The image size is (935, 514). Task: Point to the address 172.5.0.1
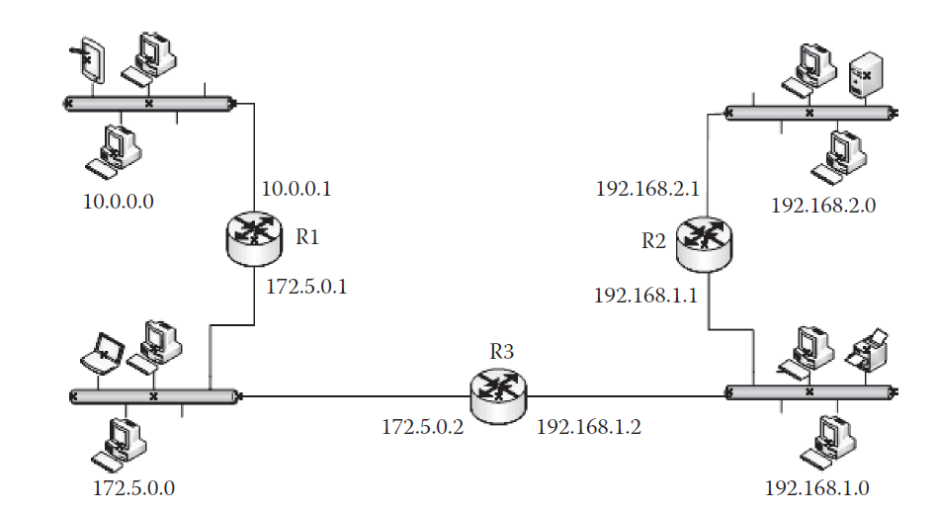pos(306,287)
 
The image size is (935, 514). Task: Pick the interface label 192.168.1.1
pos(646,295)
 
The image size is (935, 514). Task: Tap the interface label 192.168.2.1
pos(646,188)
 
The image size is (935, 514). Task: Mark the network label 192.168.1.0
pos(817,487)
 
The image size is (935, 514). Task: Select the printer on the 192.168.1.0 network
pos(870,348)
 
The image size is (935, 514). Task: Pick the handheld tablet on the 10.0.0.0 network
pos(89,62)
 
